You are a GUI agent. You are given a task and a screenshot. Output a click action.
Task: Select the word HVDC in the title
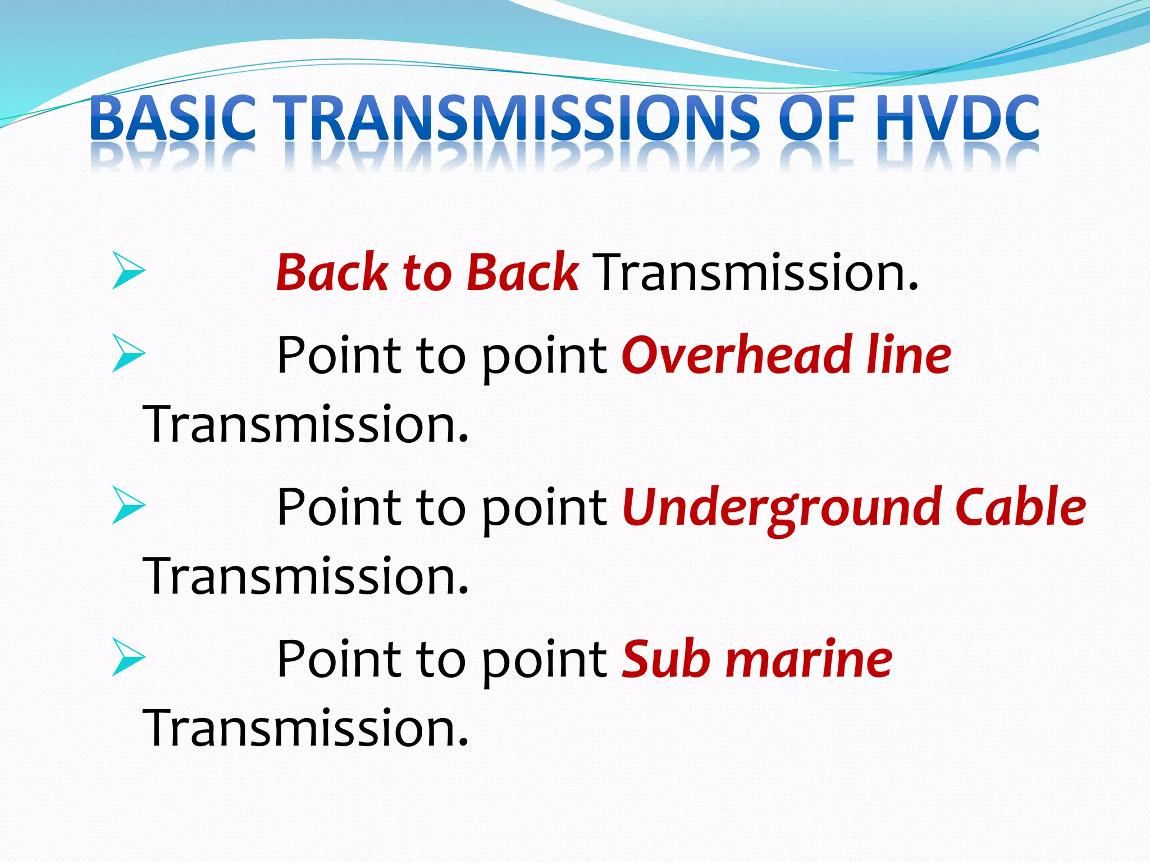tap(957, 119)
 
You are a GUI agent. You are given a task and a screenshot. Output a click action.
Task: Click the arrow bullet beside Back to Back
tap(128, 271)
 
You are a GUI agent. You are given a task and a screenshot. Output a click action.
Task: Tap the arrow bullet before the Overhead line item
tap(128, 353)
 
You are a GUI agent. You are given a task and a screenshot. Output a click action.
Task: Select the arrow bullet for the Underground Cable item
tap(128, 505)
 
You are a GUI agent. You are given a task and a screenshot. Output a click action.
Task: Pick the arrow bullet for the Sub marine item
tap(128, 657)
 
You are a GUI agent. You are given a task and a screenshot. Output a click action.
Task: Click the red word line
tap(909, 355)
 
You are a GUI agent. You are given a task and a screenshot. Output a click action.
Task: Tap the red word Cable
tap(1020, 507)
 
